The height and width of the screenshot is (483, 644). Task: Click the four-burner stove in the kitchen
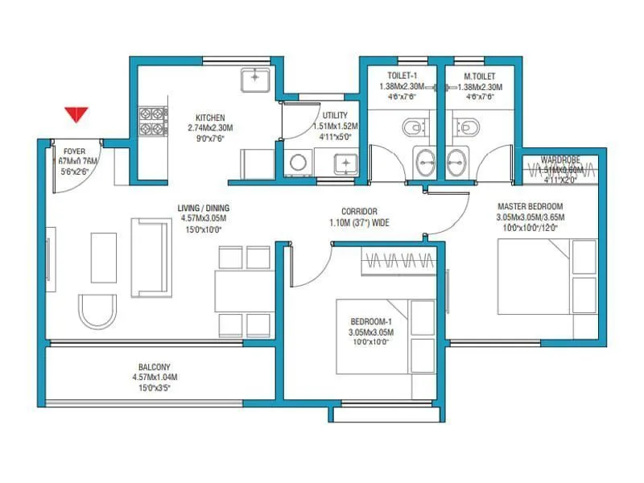[151, 121]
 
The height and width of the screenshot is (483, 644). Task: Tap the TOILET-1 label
[395, 76]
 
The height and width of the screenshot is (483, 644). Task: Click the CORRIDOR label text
[359, 211]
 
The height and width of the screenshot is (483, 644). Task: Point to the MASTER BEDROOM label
[530, 205]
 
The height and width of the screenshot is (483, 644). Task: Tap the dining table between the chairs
[244, 291]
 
